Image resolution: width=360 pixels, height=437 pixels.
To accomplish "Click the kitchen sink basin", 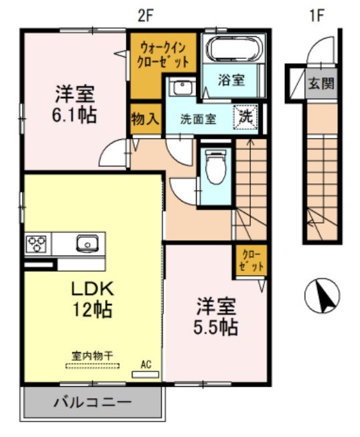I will pos(87,242).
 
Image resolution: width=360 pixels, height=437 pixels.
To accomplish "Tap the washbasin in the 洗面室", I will pos(180,86).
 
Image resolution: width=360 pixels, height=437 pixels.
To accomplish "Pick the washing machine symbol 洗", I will pos(246,115).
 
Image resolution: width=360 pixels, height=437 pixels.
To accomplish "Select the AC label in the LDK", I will pos(146,365).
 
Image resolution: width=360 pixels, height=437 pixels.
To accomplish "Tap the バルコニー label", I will pos(92,403).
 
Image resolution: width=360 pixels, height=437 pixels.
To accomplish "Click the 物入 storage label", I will pos(145,119).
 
